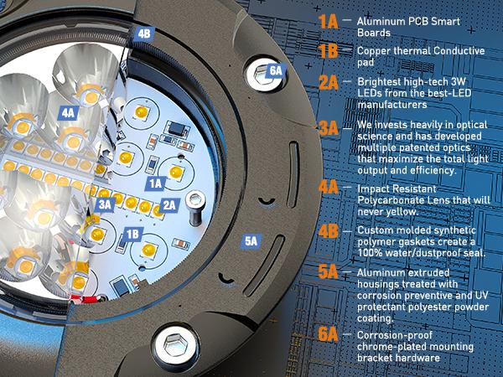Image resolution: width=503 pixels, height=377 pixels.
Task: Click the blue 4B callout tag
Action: (144, 34)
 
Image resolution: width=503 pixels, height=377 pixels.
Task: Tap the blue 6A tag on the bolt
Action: (276, 70)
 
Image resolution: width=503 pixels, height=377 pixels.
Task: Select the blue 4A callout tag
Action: (68, 113)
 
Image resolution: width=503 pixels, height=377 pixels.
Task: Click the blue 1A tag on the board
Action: (155, 183)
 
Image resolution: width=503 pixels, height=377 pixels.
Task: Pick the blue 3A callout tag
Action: (105, 204)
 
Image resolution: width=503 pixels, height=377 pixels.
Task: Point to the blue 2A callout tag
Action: (169, 205)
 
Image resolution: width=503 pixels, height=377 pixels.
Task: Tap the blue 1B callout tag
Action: (132, 235)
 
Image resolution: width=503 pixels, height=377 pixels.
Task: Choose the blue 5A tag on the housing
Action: (251, 241)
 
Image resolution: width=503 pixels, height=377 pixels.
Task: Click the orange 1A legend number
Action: (328, 22)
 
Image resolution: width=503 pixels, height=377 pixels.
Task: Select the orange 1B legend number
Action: (328, 51)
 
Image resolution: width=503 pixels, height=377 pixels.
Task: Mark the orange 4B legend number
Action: (328, 231)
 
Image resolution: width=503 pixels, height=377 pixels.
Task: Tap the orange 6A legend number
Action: (328, 334)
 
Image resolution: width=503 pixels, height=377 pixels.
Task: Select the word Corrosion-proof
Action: (395, 335)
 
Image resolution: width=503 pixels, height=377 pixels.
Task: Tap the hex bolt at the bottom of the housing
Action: (175, 345)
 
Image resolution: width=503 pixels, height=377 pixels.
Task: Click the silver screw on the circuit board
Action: (195, 208)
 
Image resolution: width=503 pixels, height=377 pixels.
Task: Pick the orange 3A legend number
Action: (328, 128)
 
